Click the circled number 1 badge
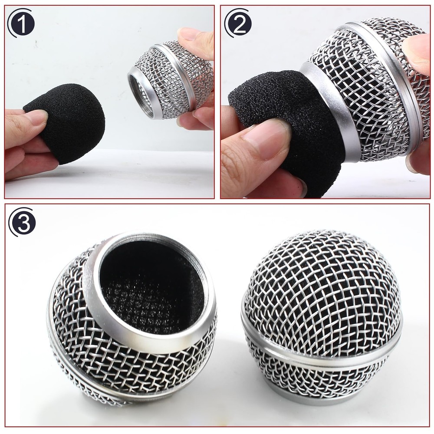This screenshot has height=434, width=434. coord(22,23)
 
